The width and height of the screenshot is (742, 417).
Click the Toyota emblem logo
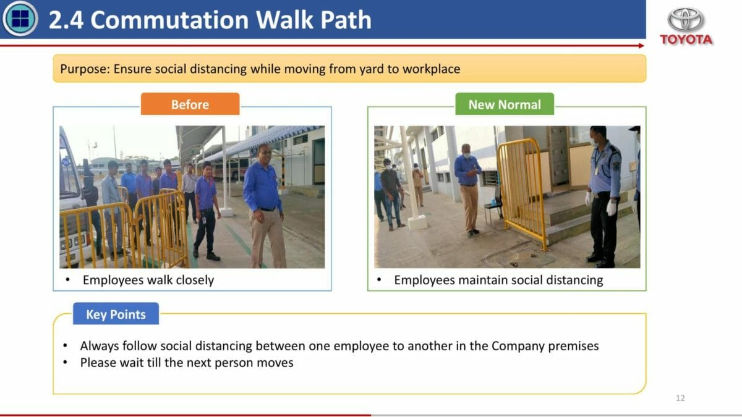[x=685, y=20]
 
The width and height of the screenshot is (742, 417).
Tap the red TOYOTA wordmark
[x=686, y=40]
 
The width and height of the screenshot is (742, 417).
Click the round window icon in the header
[x=20, y=18]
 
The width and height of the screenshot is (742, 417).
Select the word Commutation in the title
[x=169, y=20]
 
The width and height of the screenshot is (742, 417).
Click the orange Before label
[x=190, y=104]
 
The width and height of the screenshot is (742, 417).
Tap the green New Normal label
[x=505, y=104]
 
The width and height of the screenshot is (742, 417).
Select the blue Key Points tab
[x=116, y=314]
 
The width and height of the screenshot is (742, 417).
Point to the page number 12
[x=680, y=398]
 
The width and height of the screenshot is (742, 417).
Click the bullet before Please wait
[x=66, y=363]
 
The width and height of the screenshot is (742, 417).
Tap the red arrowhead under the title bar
[x=641, y=46]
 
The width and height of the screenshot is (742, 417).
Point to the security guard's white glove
[x=611, y=208]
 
